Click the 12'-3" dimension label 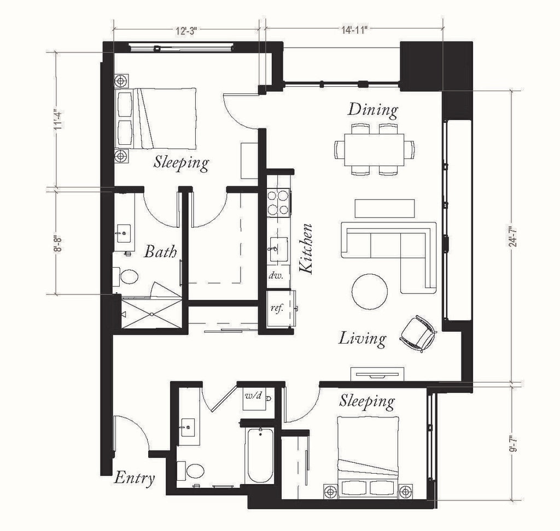click(x=186, y=31)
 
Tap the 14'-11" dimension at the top click(x=354, y=30)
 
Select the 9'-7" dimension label click(x=514, y=443)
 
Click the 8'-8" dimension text click(x=58, y=243)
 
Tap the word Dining click(x=373, y=110)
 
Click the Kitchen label click(x=306, y=249)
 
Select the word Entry click(x=135, y=478)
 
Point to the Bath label click(x=160, y=252)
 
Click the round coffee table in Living click(x=370, y=292)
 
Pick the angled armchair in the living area click(x=418, y=334)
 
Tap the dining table click(x=374, y=150)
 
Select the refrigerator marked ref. click(x=281, y=308)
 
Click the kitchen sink click(x=278, y=250)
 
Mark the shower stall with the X click(x=151, y=314)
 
